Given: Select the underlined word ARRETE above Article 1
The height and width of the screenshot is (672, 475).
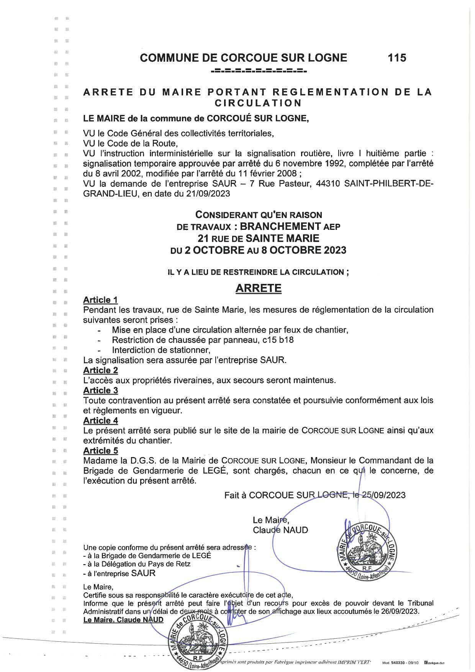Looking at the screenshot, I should coord(258,288).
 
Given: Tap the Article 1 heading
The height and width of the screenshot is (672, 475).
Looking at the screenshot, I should coord(100,300).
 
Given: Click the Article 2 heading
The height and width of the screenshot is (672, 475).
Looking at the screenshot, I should coord(100,370).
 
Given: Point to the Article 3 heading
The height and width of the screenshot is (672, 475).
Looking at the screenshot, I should coord(100,390).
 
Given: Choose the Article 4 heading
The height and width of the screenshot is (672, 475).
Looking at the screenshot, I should coord(100,420).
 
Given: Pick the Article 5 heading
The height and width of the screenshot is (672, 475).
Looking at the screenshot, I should coord(100,451).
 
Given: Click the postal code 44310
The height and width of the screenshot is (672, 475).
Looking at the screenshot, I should coord(329,184).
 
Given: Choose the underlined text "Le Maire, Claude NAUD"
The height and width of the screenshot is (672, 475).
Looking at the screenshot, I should coord(123,620).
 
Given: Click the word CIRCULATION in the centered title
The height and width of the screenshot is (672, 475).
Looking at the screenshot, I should coord(258,103).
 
